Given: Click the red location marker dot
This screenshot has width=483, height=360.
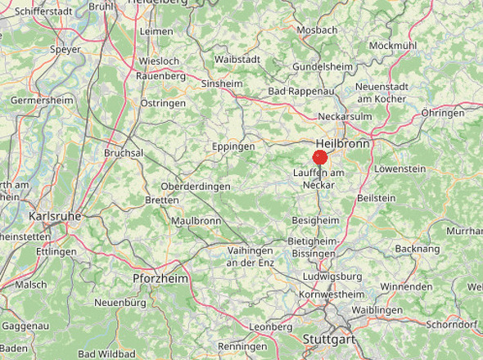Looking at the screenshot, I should click(320, 158).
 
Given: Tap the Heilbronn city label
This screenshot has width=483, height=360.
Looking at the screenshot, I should click(342, 143).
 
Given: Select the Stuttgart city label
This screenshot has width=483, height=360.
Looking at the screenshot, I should click(327, 339).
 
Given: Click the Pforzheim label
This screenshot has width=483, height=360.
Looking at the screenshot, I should click(160, 279).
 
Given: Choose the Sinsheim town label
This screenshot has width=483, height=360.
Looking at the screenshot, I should click(220, 83).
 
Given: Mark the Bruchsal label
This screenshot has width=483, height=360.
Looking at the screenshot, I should click(124, 153).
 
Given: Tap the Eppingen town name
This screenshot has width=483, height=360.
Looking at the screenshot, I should click(234, 146).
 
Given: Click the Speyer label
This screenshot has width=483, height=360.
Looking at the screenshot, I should click(65, 49).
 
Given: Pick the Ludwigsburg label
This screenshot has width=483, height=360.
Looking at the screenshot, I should click(332, 277).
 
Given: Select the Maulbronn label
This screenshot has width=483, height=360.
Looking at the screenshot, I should click(196, 221).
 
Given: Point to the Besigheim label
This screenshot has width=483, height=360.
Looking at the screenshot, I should click(315, 221).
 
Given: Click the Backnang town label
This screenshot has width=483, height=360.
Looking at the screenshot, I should click(418, 248).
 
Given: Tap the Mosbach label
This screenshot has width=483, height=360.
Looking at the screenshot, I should click(317, 30).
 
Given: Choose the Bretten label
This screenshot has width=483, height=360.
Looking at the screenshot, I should click(161, 200).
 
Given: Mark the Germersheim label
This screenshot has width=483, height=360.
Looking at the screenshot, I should click(42, 100).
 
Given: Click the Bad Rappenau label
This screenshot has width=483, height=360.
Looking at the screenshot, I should click(299, 91).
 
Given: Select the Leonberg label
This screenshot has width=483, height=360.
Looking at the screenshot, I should click(270, 326).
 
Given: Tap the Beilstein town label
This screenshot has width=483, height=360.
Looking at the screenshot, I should click(377, 198).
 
